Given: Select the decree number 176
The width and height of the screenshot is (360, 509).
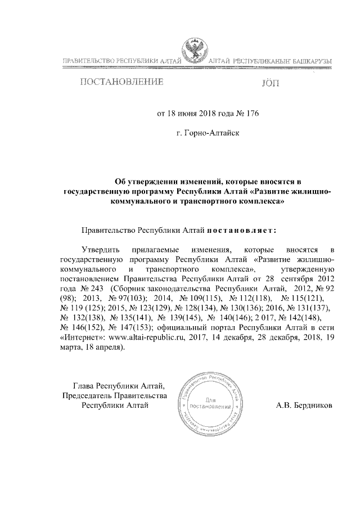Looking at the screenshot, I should [251, 113].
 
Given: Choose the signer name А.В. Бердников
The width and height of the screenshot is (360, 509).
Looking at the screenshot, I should [305, 404].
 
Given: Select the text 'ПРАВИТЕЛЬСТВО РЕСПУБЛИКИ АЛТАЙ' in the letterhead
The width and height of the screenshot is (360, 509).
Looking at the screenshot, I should [120, 60].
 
